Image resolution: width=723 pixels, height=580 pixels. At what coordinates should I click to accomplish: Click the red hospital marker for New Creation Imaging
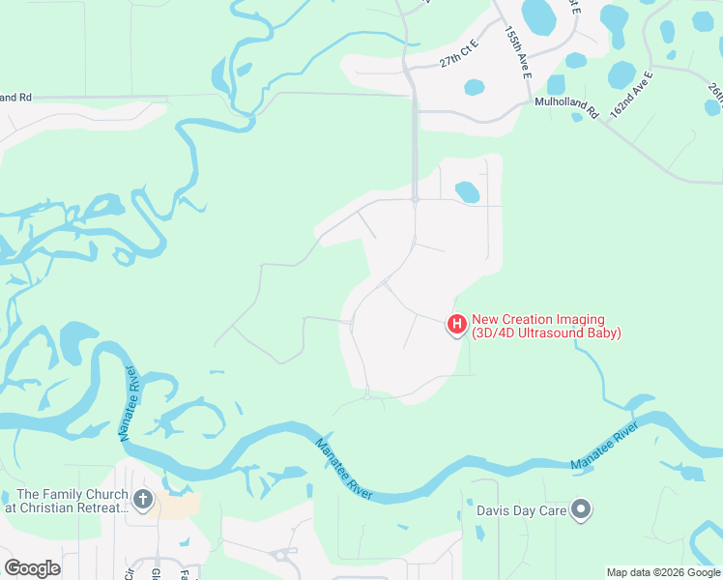(x=456, y=325)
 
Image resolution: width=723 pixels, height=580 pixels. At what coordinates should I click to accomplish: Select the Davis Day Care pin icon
(x=581, y=509)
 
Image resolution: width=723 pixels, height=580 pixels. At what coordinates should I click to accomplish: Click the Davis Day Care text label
(x=520, y=509)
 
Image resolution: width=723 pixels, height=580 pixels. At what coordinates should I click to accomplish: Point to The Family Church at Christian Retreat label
(x=66, y=501)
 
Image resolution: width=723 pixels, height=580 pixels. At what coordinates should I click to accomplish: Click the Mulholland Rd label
(x=566, y=106)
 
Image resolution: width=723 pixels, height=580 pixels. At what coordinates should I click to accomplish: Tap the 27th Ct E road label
(x=460, y=60)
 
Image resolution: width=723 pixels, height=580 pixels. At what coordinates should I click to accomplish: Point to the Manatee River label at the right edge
(x=605, y=447)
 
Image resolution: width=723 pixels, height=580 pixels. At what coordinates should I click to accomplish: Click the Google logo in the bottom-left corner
(x=32, y=567)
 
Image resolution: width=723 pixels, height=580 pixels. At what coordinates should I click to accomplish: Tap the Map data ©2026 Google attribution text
(x=663, y=572)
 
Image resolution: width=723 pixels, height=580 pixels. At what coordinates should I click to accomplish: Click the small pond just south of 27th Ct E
(x=474, y=87)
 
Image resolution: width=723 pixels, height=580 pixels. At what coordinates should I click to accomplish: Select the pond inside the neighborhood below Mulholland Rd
(x=467, y=191)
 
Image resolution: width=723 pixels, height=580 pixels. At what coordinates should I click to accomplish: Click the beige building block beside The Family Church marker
(x=179, y=505)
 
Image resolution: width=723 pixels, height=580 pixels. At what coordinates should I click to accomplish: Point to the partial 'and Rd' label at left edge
(x=16, y=98)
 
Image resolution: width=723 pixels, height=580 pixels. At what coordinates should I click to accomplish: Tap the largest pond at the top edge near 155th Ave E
(x=538, y=14)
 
